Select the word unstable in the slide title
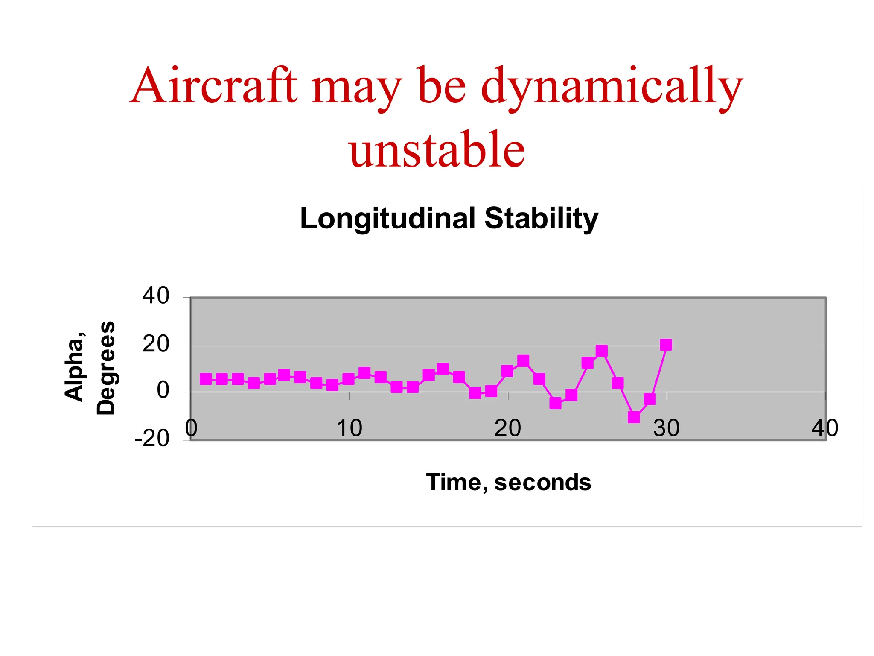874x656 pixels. (437, 149)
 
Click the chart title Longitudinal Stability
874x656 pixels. (449, 218)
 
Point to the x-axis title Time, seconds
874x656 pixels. (508, 482)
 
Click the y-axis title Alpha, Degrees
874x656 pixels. (90, 368)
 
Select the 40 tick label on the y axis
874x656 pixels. (156, 296)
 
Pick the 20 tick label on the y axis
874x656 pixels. (156, 344)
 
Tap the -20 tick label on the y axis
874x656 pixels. (152, 439)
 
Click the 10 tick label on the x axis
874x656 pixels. (349, 428)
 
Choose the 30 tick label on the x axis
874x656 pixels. (666, 428)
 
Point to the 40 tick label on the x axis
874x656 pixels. (824, 428)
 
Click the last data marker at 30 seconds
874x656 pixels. (666, 345)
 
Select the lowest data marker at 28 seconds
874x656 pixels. (634, 417)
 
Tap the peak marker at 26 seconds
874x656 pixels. (602, 351)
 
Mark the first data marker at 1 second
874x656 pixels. (206, 379)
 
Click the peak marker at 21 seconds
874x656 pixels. (523, 361)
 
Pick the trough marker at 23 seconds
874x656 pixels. (555, 403)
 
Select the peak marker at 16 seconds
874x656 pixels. (443, 369)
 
